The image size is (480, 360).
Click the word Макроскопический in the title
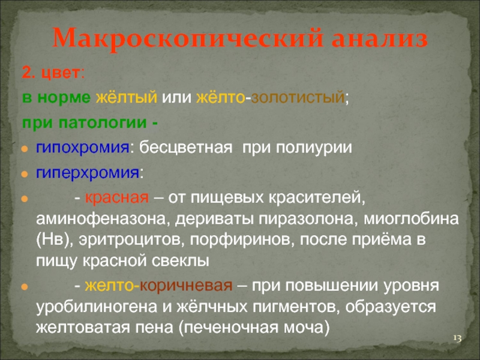(x=188, y=39)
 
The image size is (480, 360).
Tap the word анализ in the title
(x=380, y=38)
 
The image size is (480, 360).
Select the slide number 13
(x=457, y=338)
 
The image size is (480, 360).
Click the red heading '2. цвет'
(x=51, y=73)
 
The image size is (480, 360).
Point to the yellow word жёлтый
(x=127, y=97)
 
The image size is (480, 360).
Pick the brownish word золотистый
(x=298, y=97)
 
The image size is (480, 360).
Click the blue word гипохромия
(x=83, y=148)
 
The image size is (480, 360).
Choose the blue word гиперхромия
(x=88, y=173)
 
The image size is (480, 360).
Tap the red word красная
(x=116, y=198)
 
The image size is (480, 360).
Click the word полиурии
(x=313, y=148)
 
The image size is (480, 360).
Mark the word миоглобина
(x=411, y=219)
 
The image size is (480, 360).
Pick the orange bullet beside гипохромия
(x=25, y=149)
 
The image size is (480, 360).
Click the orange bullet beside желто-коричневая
(x=25, y=287)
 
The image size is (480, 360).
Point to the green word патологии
(x=103, y=123)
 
